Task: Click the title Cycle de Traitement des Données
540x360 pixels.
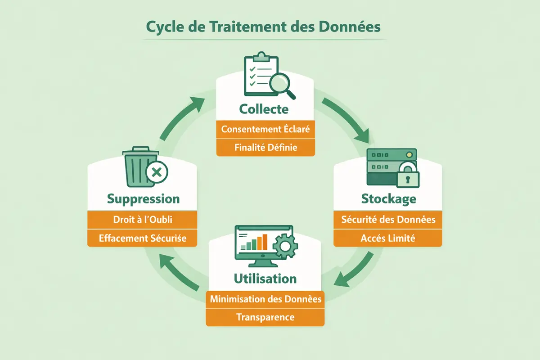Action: coord(264,27)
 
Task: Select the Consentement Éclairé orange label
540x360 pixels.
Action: coord(265,130)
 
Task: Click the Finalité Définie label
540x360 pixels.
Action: coord(265,147)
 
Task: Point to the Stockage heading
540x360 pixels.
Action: coord(388,198)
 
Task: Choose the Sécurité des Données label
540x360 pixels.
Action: coord(387,220)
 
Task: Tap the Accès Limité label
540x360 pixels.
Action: coord(387,238)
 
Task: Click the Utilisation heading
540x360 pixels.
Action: coord(265,279)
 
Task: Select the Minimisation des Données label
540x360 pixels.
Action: coord(265,299)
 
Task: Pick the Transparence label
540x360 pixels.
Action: coord(265,317)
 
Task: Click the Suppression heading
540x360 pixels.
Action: coord(143,198)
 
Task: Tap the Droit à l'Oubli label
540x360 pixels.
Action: coord(143,220)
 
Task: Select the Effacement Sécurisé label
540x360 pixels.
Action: coord(143,238)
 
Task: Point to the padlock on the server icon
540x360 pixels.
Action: coord(407,175)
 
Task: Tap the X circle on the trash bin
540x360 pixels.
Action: coord(156,171)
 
